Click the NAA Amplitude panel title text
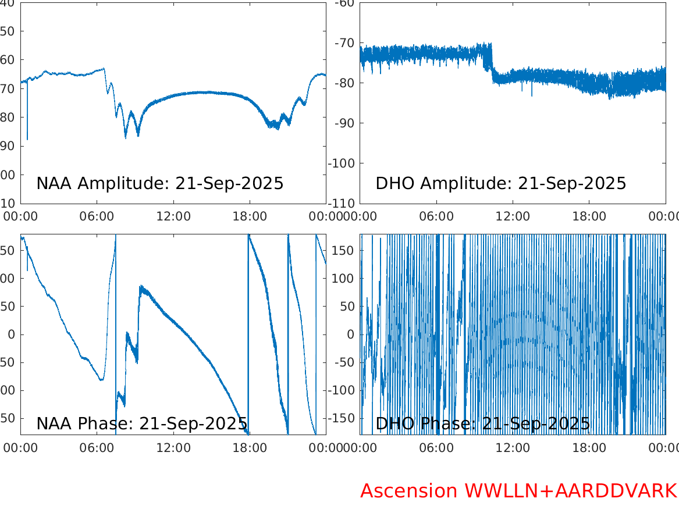coord(159,184)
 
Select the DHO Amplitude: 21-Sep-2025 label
coord(500,184)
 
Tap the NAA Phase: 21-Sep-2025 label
coord(141,423)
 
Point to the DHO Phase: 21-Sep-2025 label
coord(482,423)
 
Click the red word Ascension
coord(409,491)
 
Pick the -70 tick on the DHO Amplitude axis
coord(346,43)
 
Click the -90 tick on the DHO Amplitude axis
coord(346,123)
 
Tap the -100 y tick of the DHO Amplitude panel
coord(343,163)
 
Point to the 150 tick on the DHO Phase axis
coord(344,250)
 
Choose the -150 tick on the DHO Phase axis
coord(342,418)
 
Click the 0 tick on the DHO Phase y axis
coord(351,334)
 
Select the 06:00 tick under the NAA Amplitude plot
coord(97,216)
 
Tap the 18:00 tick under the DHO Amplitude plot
coord(589,216)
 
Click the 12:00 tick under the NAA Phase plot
coord(173,448)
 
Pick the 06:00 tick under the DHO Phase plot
coord(436,448)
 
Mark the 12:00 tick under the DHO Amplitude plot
coord(513,216)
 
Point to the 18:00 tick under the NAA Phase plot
coord(250,448)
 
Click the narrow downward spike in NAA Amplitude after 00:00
coord(27,125)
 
